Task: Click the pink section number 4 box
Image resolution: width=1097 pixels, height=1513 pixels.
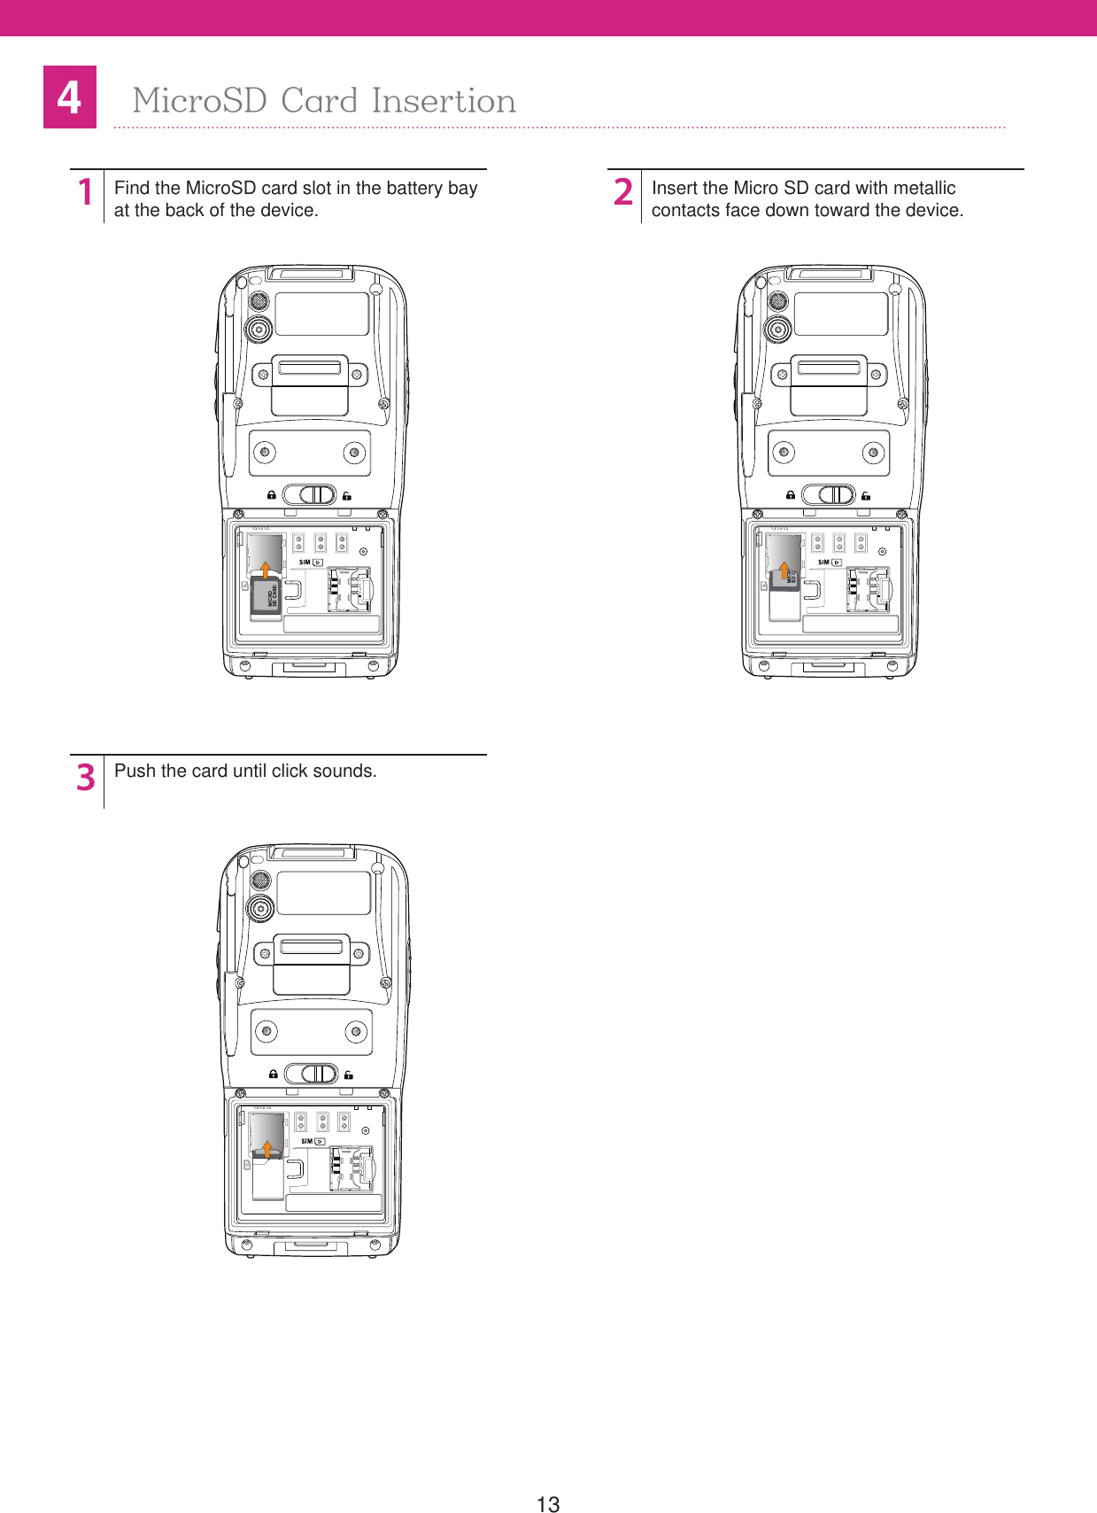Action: pos(70,97)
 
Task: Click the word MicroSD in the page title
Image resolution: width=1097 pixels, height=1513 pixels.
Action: pos(199,101)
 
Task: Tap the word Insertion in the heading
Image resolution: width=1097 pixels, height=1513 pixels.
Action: pos(444,101)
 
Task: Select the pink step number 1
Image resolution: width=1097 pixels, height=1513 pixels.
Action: pos(85,192)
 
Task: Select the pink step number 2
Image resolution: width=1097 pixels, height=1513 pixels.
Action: pos(623,192)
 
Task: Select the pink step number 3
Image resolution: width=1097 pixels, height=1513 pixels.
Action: pos(85,777)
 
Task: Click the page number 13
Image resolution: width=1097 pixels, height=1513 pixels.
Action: pos(548,1503)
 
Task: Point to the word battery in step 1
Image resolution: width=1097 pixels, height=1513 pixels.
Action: pos(414,188)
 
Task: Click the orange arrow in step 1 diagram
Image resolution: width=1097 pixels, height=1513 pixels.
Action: pos(265,569)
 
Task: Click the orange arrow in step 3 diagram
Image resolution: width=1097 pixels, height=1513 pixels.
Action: pos(267,1149)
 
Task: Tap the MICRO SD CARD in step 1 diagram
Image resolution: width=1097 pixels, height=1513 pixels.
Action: pos(267,597)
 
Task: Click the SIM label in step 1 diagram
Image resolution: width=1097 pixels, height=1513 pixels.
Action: pos(305,562)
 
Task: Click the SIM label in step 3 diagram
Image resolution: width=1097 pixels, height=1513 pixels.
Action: pos(306,1141)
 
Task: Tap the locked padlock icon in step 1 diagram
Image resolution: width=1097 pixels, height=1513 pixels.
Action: pos(272,495)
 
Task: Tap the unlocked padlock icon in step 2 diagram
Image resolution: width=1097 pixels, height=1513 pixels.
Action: pos(866,496)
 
